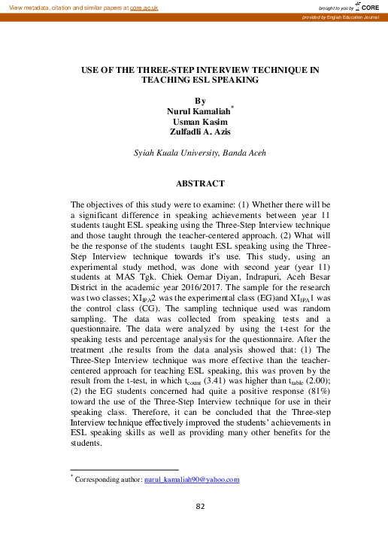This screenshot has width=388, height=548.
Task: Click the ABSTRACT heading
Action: point(200,183)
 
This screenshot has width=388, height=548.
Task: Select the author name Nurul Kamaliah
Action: point(198,110)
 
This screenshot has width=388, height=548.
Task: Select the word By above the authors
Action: point(199,99)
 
